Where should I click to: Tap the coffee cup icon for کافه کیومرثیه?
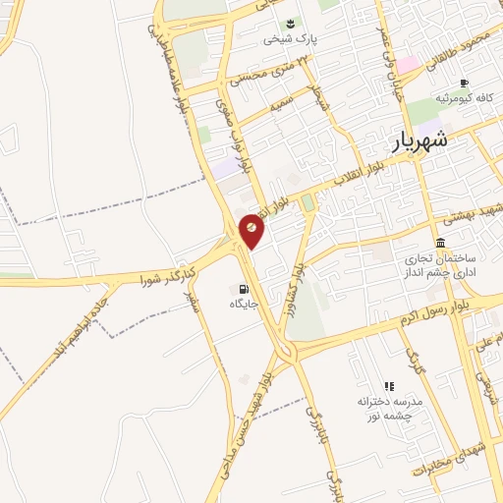click(464, 83)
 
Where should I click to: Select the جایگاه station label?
click(243, 305)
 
